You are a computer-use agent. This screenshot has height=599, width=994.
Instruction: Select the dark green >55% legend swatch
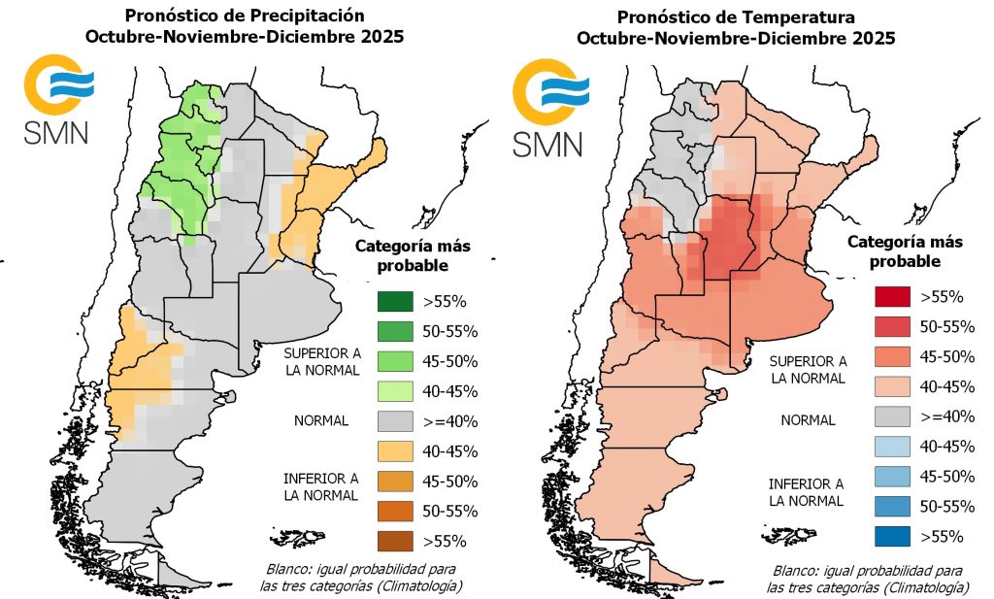tap(396, 301)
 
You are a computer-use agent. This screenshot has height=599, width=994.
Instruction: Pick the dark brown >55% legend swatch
tap(396, 541)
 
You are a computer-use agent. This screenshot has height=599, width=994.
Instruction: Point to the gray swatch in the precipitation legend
tap(396, 421)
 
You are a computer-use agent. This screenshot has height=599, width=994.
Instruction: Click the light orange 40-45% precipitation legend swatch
tap(396, 451)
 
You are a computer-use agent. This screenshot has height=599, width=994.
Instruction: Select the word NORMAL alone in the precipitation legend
tap(320, 422)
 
